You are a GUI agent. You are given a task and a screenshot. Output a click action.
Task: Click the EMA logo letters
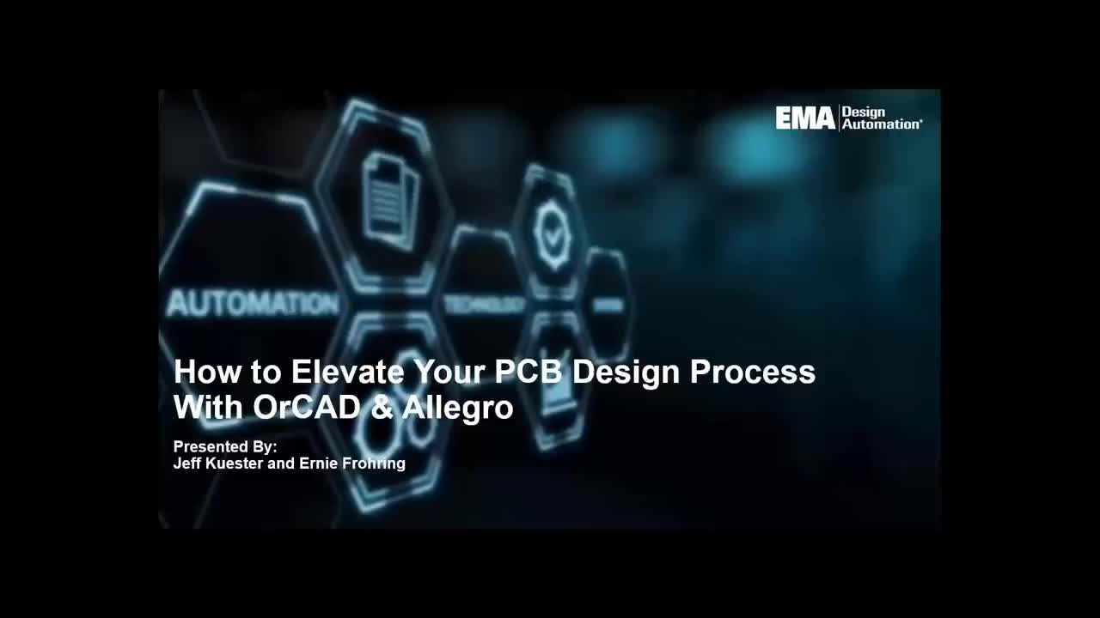tap(805, 118)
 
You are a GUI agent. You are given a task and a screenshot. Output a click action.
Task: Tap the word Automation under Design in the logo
tap(880, 124)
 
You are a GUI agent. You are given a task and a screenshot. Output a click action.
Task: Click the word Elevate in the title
tap(347, 372)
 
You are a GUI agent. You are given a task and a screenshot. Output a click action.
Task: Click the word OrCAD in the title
tap(306, 407)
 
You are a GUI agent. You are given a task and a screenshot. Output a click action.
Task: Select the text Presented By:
tap(225, 446)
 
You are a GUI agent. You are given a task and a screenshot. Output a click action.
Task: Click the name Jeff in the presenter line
tap(186, 463)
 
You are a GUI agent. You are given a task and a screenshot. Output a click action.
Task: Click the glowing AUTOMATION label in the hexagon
tap(253, 304)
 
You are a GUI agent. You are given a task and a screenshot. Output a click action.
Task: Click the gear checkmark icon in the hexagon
tap(552, 231)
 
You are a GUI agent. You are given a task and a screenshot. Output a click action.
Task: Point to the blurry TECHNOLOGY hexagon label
tap(485, 305)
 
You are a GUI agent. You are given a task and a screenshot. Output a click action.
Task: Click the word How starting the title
tap(199, 372)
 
